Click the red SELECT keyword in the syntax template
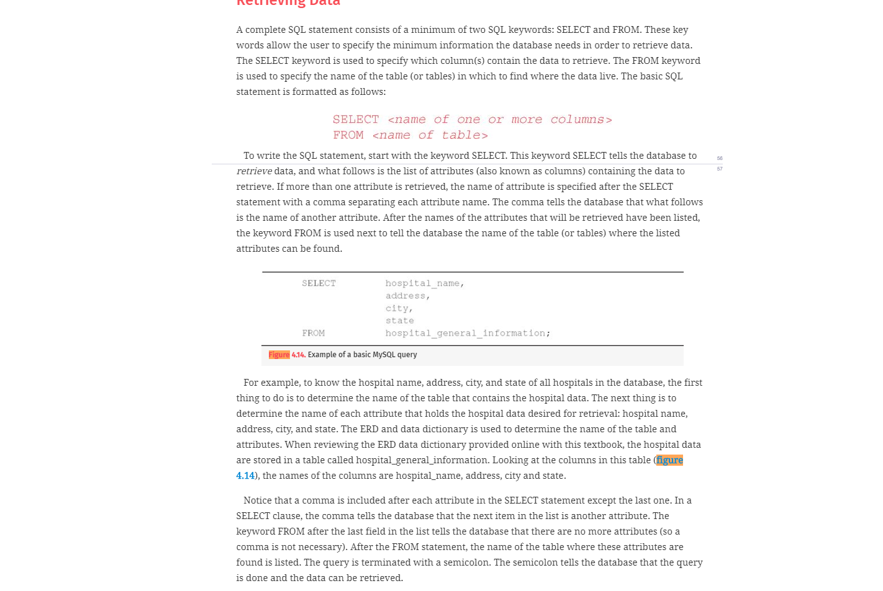(355, 120)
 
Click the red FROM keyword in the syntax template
(348, 135)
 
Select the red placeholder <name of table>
(430, 135)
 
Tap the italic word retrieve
(254, 171)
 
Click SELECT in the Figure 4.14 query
(319, 283)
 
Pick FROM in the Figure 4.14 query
(313, 333)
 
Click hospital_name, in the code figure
(425, 283)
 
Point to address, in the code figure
(407, 296)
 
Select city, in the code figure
(399, 308)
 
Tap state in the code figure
(399, 321)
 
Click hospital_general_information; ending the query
(468, 333)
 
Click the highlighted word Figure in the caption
(279, 355)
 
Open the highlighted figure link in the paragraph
(669, 460)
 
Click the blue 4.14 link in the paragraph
(245, 476)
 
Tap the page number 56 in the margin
(720, 158)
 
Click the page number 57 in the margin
(720, 169)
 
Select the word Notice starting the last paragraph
(257, 500)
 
